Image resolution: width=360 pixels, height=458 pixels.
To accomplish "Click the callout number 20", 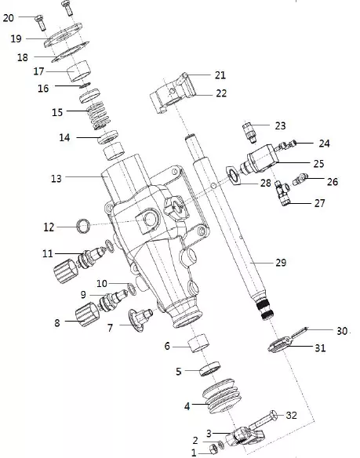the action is pyautogui.click(x=9, y=18).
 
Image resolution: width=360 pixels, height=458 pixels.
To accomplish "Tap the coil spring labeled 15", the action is pyautogui.click(x=99, y=115).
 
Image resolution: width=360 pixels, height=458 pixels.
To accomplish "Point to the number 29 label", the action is pyautogui.click(x=281, y=263).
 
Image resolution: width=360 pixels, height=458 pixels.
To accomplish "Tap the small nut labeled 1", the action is pyautogui.click(x=214, y=449).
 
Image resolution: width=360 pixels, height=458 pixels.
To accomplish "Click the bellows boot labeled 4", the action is pyautogui.click(x=222, y=396).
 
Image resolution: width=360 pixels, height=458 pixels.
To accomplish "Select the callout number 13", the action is pyautogui.click(x=56, y=178).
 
